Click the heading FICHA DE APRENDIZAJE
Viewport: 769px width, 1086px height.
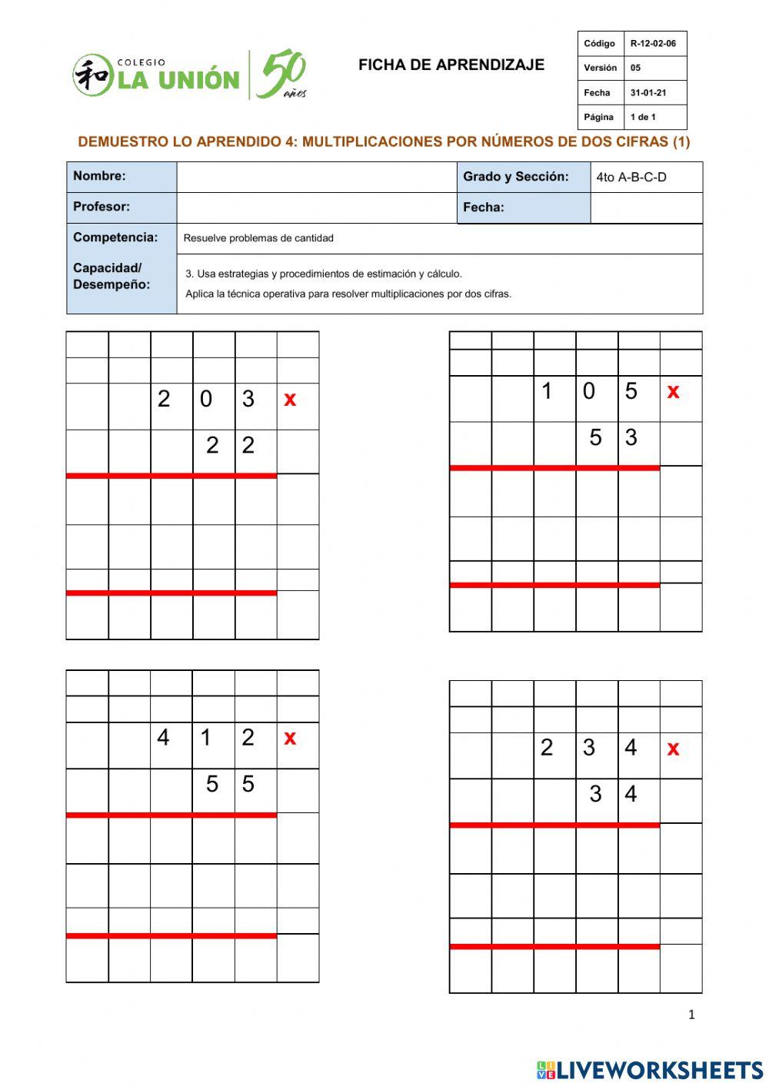[451, 65]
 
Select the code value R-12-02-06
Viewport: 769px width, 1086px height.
[653, 44]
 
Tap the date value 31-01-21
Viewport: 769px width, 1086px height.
[648, 93]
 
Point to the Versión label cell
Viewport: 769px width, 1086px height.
[600, 68]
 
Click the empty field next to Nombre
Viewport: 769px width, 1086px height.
[316, 177]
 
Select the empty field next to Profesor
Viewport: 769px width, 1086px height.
[316, 208]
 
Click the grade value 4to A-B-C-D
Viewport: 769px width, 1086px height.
[631, 178]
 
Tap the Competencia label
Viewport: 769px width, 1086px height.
[115, 237]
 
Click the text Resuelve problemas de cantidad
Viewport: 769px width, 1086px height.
[258, 238]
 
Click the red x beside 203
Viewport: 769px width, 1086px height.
[290, 399]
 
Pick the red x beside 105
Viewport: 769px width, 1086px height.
[673, 391]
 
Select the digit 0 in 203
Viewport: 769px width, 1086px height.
[206, 399]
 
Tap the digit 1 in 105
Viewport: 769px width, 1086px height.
[547, 391]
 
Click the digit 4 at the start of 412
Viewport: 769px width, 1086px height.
[163, 738]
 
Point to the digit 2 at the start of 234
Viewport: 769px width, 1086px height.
[547, 748]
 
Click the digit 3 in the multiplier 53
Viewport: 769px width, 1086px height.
[631, 437]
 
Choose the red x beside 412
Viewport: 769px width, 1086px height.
[290, 738]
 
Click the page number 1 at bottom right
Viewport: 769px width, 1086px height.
[691, 1015]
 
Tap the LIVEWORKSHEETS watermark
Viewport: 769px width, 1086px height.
[650, 1070]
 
